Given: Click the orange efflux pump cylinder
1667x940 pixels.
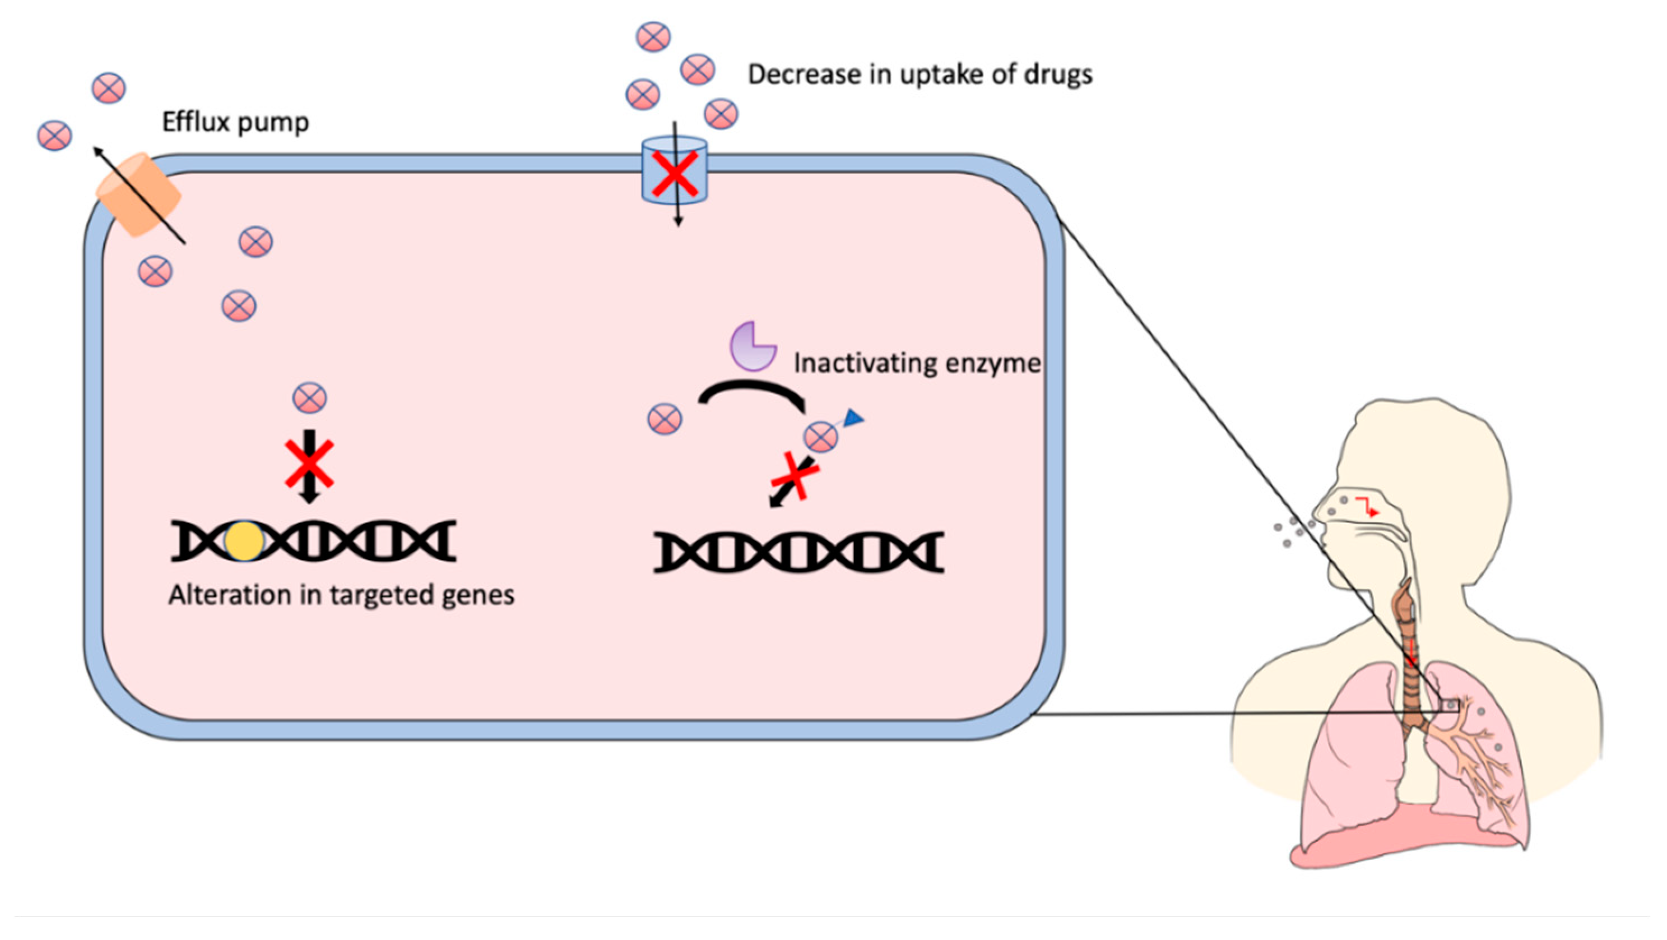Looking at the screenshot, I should (138, 194).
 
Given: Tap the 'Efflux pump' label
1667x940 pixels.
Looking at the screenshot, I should (235, 122).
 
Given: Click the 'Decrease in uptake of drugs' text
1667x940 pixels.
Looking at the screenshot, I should (920, 75).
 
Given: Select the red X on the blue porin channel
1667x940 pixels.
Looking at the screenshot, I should (674, 174).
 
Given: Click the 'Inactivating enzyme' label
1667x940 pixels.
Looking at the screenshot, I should (916, 363).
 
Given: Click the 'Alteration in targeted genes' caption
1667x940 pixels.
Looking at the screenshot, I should (341, 595).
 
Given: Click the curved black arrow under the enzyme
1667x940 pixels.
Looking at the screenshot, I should (752, 392).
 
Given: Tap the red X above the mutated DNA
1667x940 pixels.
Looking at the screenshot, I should (309, 464).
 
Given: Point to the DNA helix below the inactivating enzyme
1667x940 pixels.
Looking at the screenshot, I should (798, 552).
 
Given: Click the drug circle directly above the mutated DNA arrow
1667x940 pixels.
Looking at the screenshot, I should (309, 397).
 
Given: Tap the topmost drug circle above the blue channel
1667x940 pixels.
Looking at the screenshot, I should (653, 36).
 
